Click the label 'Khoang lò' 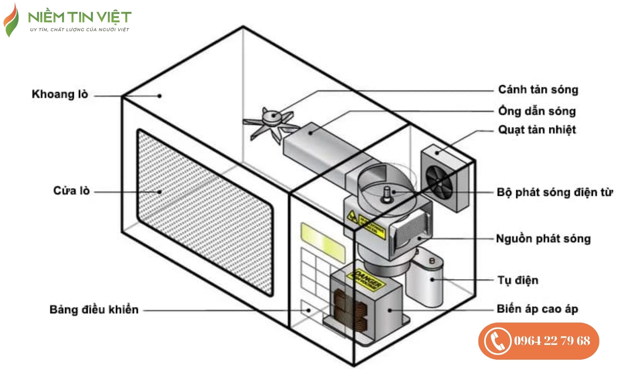click(60, 94)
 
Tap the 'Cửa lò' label click(71, 191)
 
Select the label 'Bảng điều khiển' click(94, 310)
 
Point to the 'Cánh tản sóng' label click(538, 90)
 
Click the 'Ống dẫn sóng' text click(537, 111)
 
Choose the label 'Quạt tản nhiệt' click(537, 130)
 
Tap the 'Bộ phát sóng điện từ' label click(555, 192)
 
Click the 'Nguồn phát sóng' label click(543, 239)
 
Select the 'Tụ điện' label click(518, 280)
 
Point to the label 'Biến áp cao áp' click(537, 309)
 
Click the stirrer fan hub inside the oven click(273, 116)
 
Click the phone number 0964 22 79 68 click(552, 341)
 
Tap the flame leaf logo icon click(11, 21)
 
